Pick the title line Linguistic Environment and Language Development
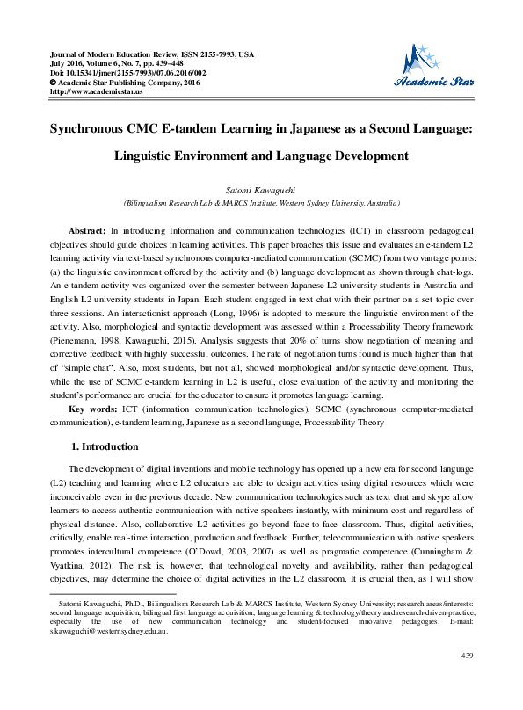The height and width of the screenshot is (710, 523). (x=261, y=156)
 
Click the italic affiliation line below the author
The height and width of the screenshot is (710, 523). (x=261, y=203)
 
